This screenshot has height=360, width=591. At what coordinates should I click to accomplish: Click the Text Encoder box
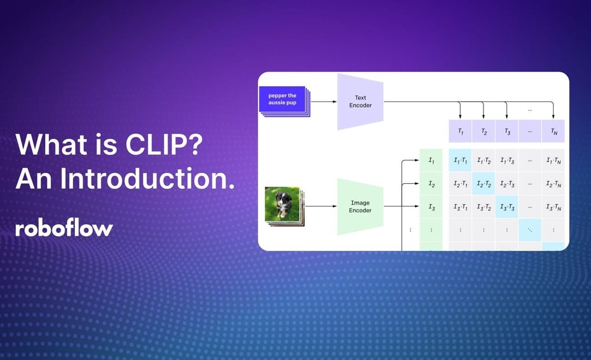360,102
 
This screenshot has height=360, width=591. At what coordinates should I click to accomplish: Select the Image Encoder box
360,206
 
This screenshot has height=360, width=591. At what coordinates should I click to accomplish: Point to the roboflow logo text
64,229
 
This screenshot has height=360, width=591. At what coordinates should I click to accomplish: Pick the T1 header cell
460,131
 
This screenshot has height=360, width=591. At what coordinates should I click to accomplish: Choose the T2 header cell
484,131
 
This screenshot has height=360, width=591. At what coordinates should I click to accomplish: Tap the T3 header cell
507,131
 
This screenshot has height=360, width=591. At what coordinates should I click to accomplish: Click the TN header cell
553,131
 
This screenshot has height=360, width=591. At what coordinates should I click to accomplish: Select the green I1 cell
431,160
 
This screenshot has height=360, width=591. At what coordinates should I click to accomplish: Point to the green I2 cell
431,184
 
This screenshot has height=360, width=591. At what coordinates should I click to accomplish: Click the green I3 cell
431,207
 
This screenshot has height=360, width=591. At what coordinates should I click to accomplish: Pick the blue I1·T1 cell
460,160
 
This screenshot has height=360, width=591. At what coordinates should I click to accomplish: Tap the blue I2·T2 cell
484,184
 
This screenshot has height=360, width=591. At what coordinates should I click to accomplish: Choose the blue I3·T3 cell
507,207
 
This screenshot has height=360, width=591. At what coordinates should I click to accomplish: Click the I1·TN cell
553,160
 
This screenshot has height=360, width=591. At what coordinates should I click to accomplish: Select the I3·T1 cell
460,207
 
